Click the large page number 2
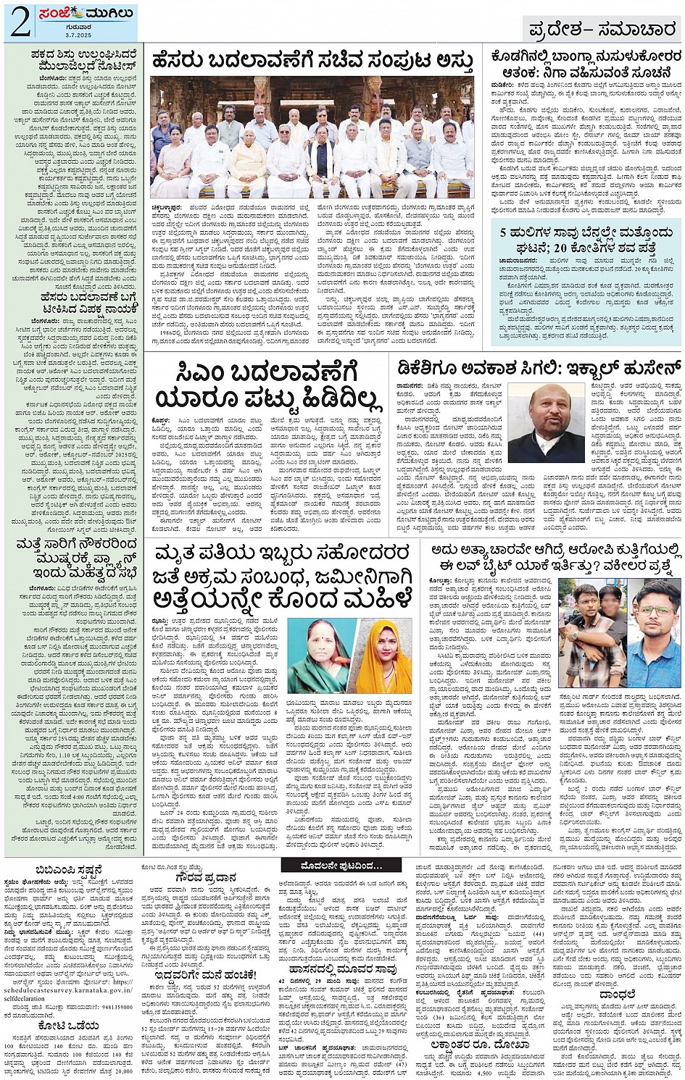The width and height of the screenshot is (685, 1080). [x=20, y=22]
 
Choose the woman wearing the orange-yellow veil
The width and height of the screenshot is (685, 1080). [x=384, y=656]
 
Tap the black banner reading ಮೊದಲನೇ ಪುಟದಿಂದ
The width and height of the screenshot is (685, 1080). [x=341, y=866]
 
